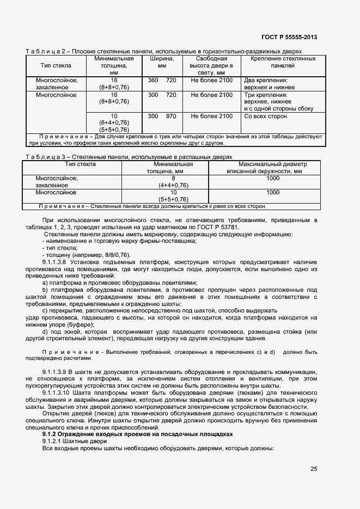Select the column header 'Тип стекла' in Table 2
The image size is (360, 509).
(x=54, y=65)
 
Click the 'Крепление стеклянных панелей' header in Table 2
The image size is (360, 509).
(x=283, y=62)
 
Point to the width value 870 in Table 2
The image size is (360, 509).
(x=171, y=116)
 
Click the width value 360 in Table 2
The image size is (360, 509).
(x=153, y=80)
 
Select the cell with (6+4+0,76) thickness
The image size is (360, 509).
(x=114, y=123)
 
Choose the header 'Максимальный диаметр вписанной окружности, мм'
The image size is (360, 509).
(x=273, y=168)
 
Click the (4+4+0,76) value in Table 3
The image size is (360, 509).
(x=173, y=185)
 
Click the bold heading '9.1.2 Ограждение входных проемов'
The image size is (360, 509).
(x=137, y=434)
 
